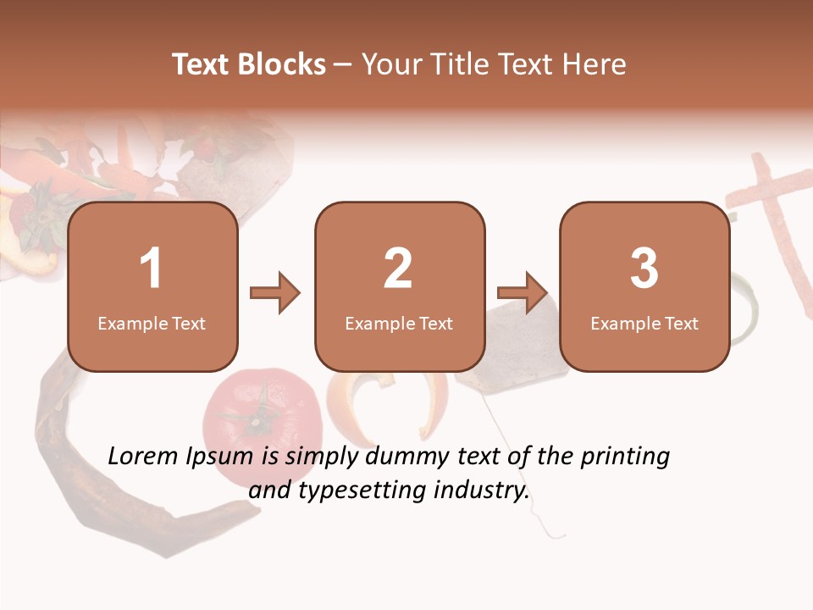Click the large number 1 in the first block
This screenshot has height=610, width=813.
click(x=152, y=269)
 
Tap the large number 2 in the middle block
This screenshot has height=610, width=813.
click(x=398, y=269)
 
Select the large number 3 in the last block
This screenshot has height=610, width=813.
click(x=644, y=269)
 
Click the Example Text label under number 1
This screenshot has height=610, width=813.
click(x=152, y=324)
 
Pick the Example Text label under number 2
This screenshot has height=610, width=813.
click(x=399, y=324)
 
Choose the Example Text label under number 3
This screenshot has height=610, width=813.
click(x=644, y=324)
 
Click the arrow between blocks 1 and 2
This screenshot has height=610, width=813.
click(x=275, y=293)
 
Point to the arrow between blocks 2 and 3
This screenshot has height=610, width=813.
click(x=523, y=293)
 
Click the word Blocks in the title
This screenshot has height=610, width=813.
click(x=281, y=64)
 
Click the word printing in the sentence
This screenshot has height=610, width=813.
click(x=625, y=457)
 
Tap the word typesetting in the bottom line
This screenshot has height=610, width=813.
click(x=362, y=491)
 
